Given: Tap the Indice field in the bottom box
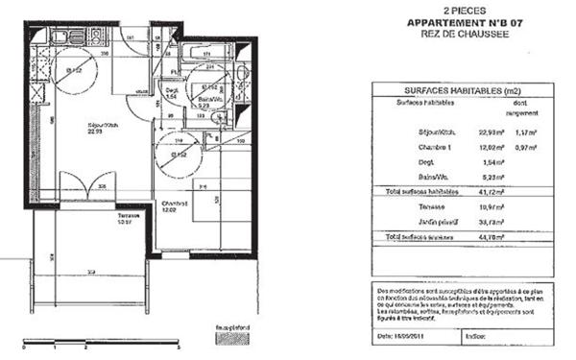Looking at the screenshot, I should [474, 333].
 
